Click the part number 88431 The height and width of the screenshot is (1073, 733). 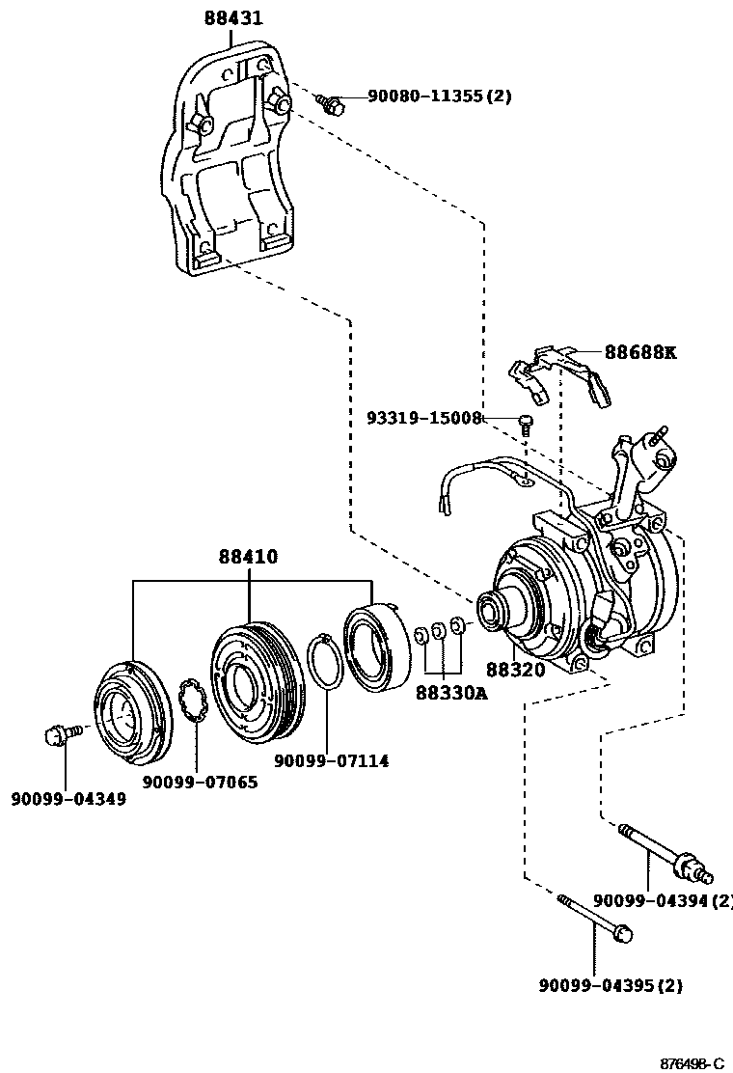(x=232, y=18)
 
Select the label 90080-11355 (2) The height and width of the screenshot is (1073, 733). (x=439, y=96)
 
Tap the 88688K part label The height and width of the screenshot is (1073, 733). (x=640, y=352)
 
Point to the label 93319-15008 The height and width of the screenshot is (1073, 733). (x=423, y=418)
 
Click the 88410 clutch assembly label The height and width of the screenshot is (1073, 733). (x=248, y=557)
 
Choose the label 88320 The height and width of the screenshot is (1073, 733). (x=515, y=669)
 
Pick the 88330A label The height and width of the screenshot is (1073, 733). (x=451, y=692)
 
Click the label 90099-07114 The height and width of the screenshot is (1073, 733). (x=331, y=761)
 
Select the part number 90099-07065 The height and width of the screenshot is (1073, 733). (x=200, y=782)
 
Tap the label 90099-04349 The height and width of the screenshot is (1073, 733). (x=68, y=799)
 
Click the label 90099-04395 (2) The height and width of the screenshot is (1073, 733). (x=611, y=985)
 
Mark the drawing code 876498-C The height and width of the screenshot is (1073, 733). (x=692, y=1062)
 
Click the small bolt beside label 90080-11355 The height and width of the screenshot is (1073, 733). (x=333, y=103)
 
